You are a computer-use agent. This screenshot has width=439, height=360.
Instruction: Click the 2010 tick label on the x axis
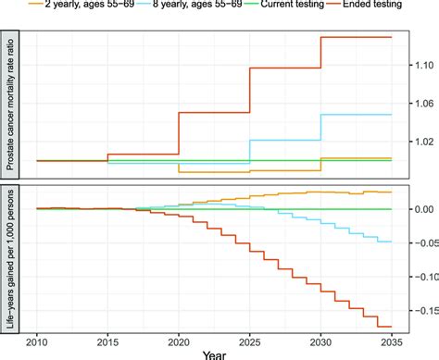click(x=37, y=341)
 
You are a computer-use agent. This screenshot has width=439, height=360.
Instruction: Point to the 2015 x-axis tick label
click(x=107, y=341)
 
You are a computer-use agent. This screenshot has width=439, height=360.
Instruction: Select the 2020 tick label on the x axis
click(x=179, y=341)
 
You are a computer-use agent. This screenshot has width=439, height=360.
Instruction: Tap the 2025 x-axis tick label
click(x=250, y=341)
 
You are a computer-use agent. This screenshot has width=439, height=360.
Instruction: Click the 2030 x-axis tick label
click(x=320, y=341)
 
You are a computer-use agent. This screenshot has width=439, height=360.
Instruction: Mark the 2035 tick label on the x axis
click(x=392, y=341)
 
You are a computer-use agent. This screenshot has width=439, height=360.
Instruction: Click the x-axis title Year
click(x=214, y=354)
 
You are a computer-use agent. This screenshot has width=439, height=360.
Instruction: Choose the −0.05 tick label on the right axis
click(x=419, y=243)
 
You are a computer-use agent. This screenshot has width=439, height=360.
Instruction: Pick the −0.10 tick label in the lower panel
click(x=419, y=278)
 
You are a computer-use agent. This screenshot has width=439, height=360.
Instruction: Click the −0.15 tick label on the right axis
click(x=419, y=312)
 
